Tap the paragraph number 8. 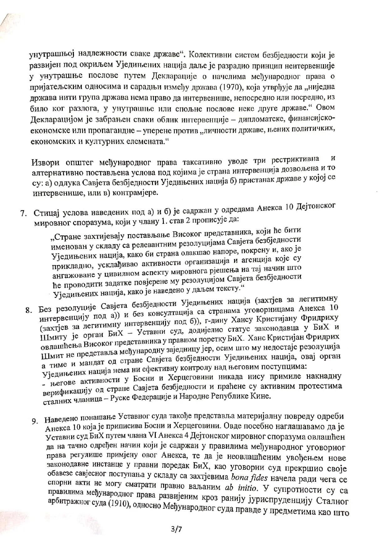(x=29, y=310)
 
